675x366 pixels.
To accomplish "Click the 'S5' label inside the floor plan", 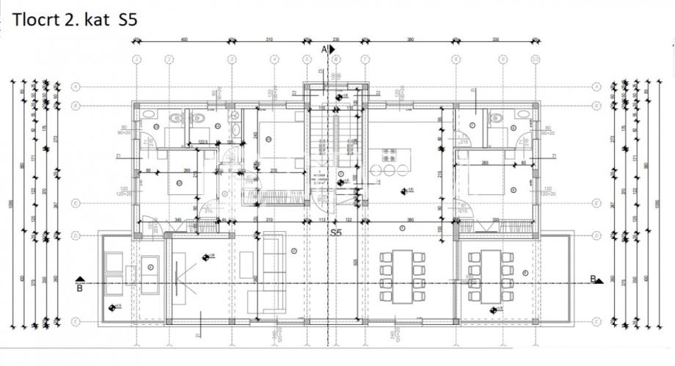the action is pos(336,233).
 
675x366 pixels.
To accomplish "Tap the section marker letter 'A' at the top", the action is pos(324,48).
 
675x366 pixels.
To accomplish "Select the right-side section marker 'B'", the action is pos(592,278).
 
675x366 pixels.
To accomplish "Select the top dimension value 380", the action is pos(411,39).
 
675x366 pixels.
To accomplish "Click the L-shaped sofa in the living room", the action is pos(269,271).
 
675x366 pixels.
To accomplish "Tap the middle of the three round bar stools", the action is pos(390,170).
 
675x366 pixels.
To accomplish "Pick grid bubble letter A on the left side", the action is pos(76,86).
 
